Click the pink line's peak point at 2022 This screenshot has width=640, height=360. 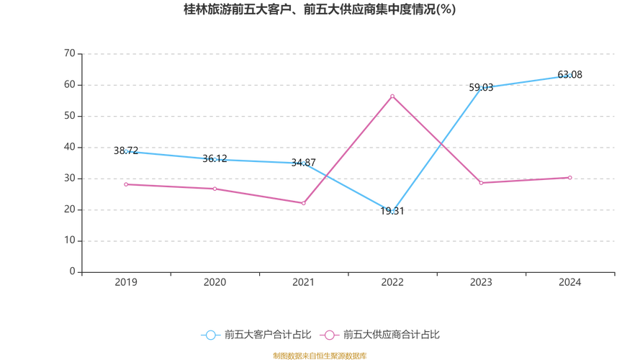392,95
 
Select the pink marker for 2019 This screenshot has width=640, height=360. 126,184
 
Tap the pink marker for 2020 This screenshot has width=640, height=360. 215,189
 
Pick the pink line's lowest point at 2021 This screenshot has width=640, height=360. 303,204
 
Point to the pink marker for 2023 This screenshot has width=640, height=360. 481,183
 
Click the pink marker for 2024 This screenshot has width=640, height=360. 570,177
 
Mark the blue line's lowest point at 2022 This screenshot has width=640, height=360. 392,211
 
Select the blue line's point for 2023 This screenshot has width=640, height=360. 481,86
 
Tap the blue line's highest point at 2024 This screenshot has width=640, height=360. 570,76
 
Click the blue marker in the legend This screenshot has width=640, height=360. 211,335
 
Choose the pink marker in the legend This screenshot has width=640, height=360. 329,335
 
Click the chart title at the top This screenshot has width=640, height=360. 320,10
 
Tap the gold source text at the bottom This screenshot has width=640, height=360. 320,355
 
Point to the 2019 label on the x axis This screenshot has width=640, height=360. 126,282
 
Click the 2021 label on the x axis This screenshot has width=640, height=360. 303,282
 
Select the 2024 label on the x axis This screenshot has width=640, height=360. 570,282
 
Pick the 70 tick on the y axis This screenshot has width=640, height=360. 71,53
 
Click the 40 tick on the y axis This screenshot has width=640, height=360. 71,147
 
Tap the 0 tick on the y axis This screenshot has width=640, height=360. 73,271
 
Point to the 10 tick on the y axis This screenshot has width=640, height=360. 71,240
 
